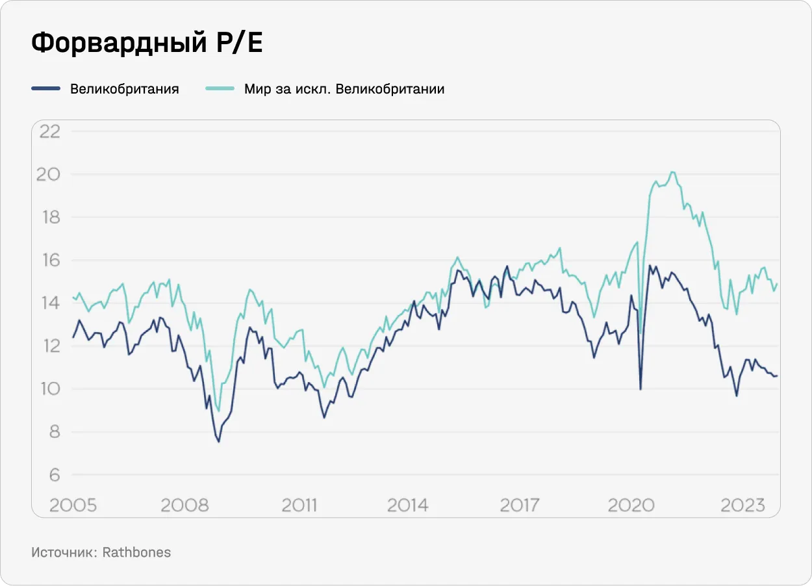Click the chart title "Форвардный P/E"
pyautogui.click(x=147, y=43)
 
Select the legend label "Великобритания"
pyautogui.click(x=125, y=89)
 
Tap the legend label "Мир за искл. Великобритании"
pyautogui.click(x=344, y=89)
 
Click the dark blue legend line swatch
pyautogui.click(x=46, y=88)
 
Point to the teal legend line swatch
pyautogui.click(x=220, y=88)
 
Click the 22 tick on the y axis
pyautogui.click(x=50, y=131)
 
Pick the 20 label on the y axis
pyautogui.click(x=50, y=174)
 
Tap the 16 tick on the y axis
pyautogui.click(x=50, y=260)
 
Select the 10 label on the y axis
pyautogui.click(x=50, y=389)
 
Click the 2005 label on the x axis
pyautogui.click(x=73, y=505)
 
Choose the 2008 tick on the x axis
pyautogui.click(x=185, y=505)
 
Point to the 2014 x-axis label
pyautogui.click(x=408, y=505)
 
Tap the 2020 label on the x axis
pyautogui.click(x=631, y=505)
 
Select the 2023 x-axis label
pyautogui.click(x=742, y=505)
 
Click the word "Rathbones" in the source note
pyautogui.click(x=136, y=552)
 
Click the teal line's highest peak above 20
pyautogui.click(x=672, y=172)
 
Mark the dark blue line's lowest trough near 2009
pyautogui.click(x=218, y=442)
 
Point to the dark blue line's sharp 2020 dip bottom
pyautogui.click(x=641, y=389)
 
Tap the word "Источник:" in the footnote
pyautogui.click(x=64, y=552)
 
